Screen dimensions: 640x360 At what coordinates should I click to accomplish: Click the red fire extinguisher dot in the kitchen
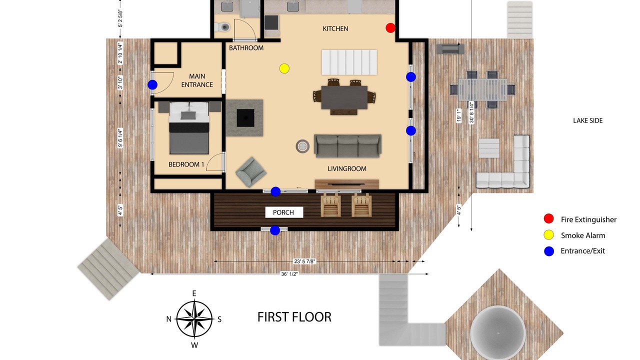tap(390, 27)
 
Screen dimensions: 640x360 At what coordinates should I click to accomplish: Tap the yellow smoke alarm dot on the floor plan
tap(284, 68)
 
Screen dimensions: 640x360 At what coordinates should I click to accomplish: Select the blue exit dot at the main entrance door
tap(152, 84)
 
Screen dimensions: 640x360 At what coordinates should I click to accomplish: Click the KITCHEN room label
tap(335, 29)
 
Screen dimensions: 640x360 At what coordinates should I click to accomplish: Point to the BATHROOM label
tap(246, 48)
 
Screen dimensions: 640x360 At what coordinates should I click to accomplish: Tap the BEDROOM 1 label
tap(186, 164)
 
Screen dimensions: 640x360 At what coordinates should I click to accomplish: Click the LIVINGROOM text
tap(347, 169)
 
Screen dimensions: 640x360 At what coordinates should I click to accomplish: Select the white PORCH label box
tap(284, 212)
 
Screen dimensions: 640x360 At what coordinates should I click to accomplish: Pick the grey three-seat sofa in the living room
tap(347, 145)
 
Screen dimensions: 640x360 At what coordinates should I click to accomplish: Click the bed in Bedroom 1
tap(189, 127)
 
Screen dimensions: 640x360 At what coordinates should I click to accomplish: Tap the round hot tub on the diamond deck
tap(498, 333)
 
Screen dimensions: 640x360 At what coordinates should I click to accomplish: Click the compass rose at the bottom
tap(194, 319)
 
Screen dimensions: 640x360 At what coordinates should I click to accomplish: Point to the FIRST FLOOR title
tap(294, 317)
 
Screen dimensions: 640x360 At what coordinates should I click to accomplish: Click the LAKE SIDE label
tap(588, 120)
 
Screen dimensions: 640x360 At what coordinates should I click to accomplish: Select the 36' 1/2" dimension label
tap(289, 274)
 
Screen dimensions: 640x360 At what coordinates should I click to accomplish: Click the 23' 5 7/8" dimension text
tap(304, 261)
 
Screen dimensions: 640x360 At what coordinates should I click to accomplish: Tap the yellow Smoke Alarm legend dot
tap(548, 235)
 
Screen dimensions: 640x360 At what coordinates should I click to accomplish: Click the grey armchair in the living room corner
tap(251, 172)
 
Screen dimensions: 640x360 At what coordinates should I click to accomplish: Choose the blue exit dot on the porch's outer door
tap(275, 230)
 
